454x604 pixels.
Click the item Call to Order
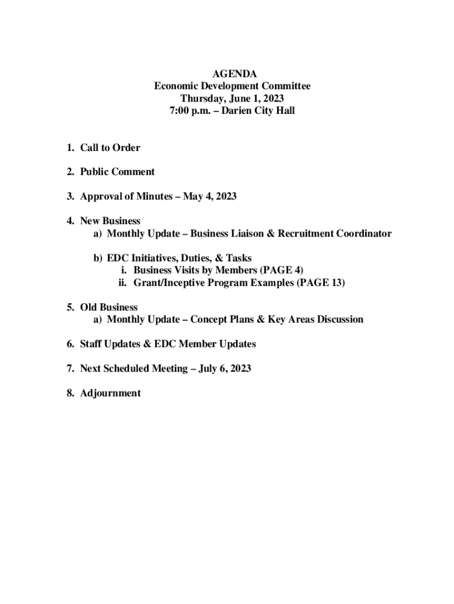click(110, 147)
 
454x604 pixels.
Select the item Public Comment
click(117, 172)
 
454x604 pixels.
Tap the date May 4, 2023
click(209, 196)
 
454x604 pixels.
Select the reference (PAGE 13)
click(320, 283)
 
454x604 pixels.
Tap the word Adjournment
click(110, 393)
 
